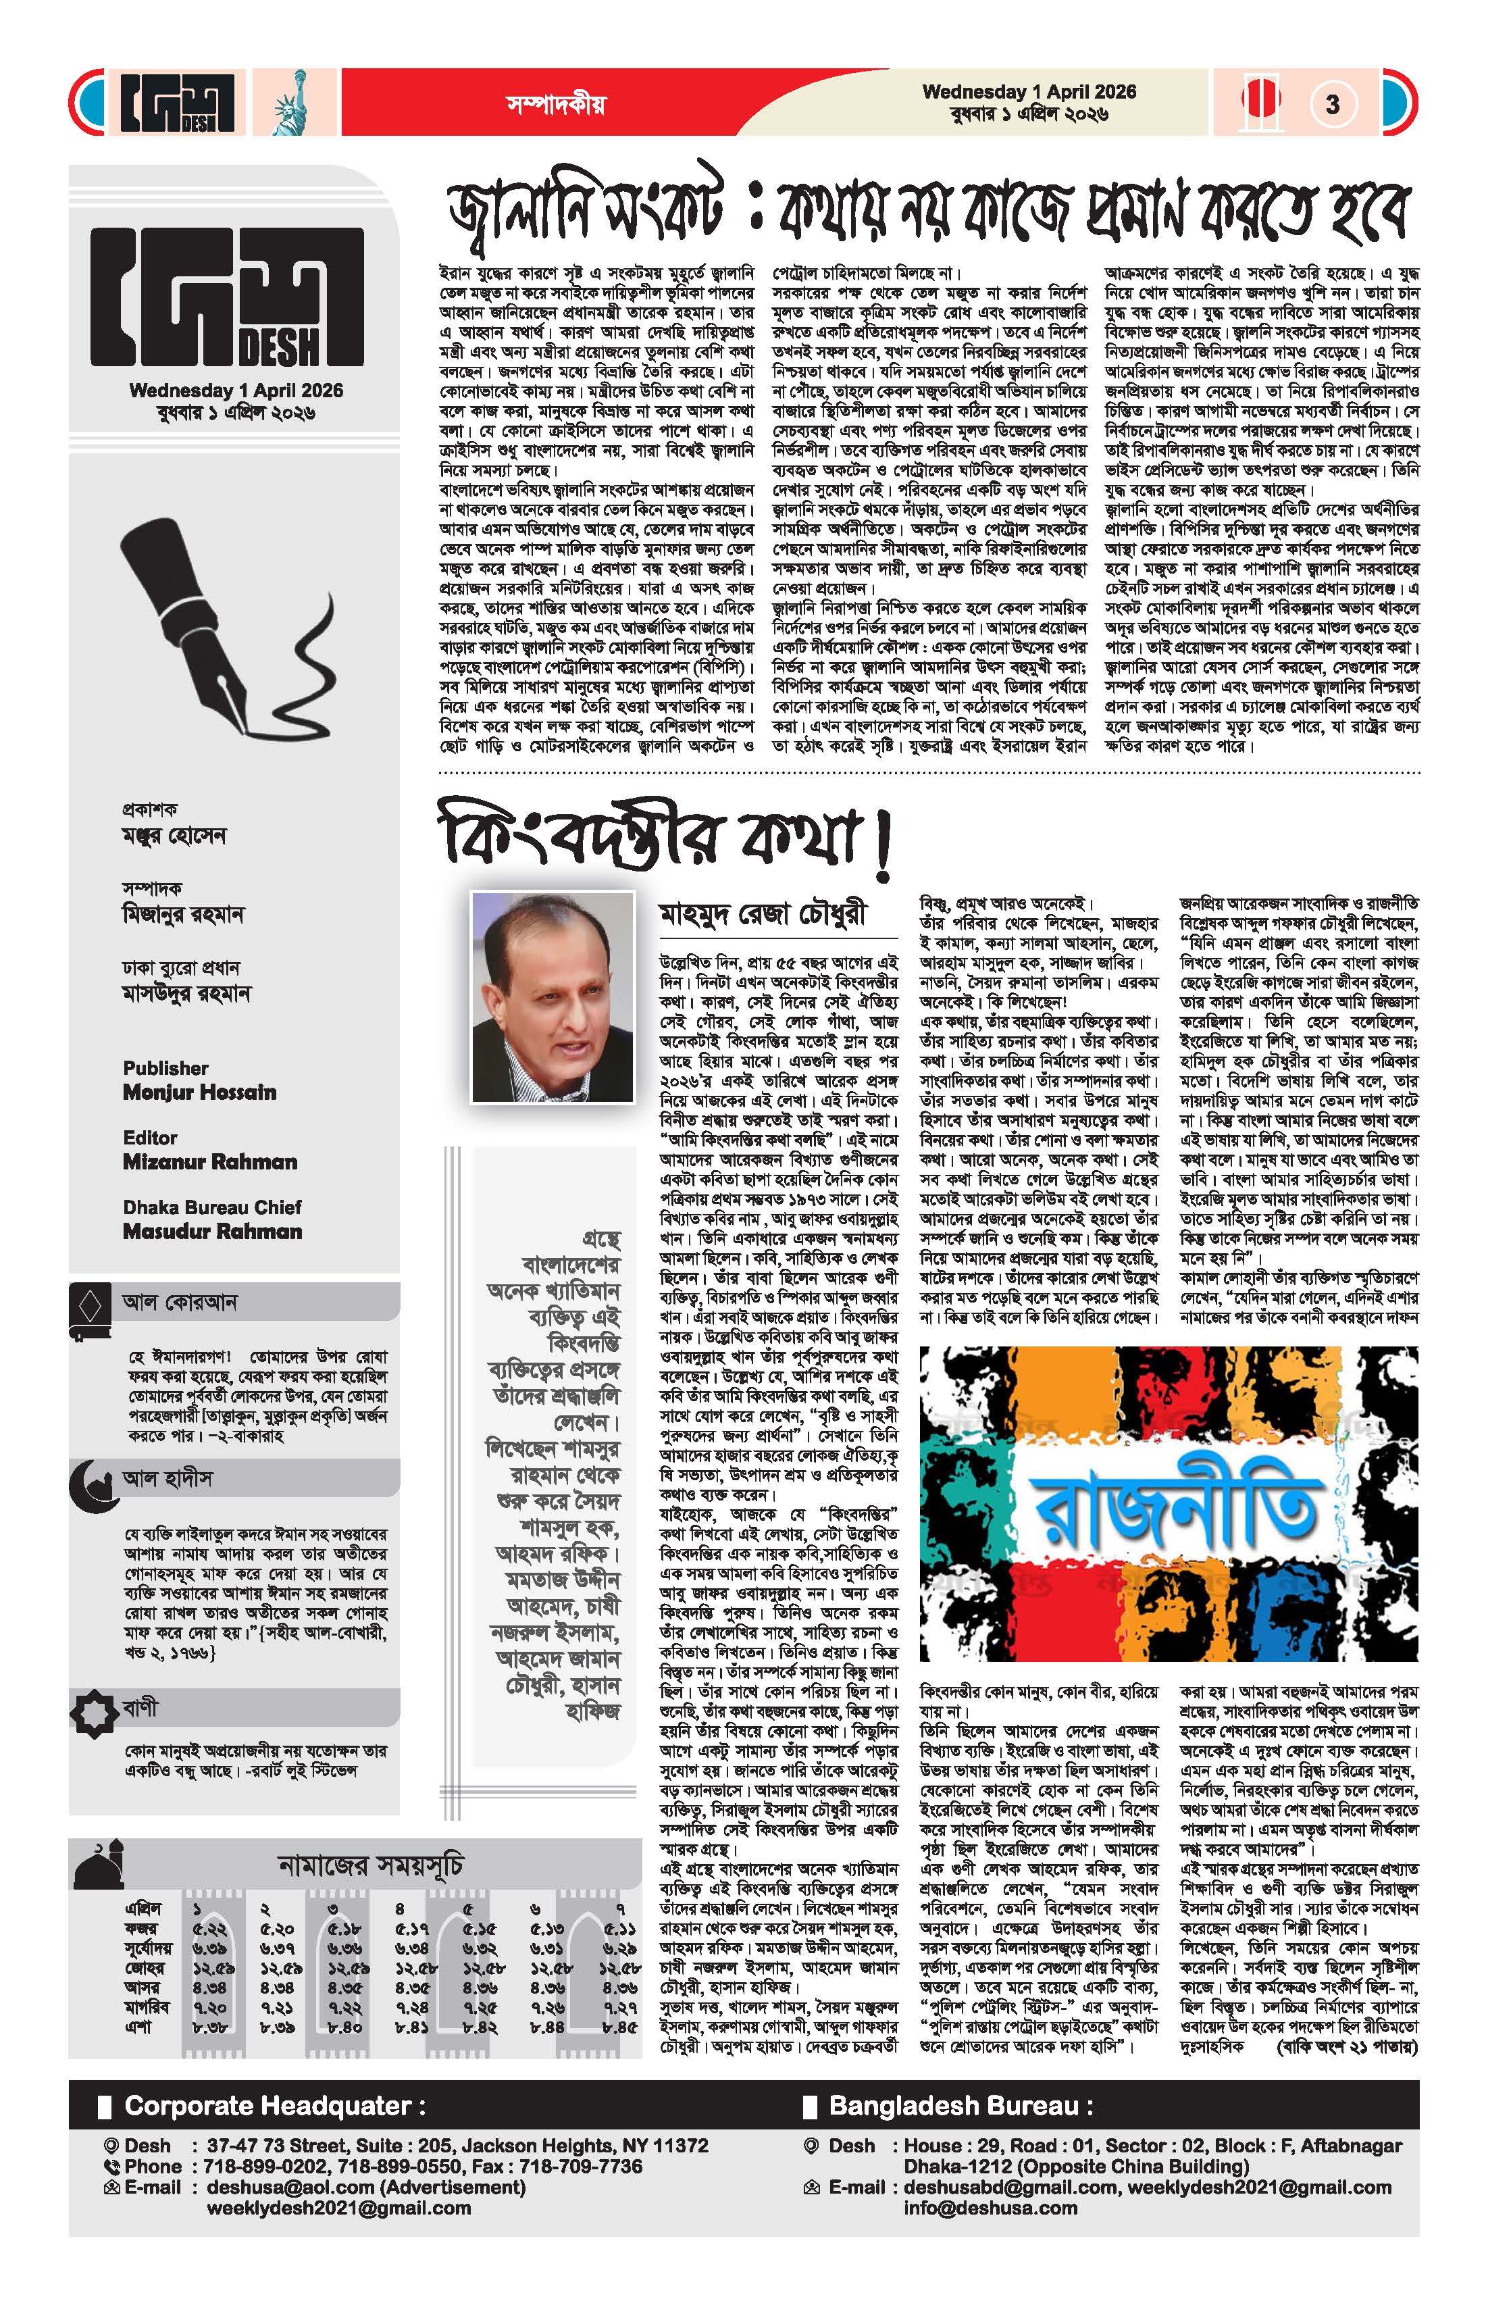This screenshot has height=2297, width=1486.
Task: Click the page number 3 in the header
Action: (1333, 103)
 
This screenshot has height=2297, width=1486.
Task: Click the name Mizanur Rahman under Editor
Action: (209, 1162)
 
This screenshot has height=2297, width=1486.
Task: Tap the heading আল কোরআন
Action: (180, 1302)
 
